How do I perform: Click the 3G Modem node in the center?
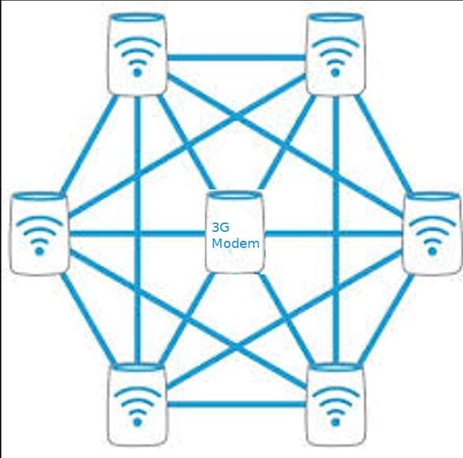click(x=234, y=232)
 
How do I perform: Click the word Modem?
click(x=236, y=243)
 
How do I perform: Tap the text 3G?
click(x=220, y=228)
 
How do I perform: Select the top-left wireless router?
click(x=137, y=54)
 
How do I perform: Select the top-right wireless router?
click(x=335, y=54)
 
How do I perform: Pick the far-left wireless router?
click(x=40, y=234)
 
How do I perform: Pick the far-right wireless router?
click(x=432, y=234)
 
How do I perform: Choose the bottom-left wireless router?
click(x=137, y=404)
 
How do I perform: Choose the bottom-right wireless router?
click(x=335, y=404)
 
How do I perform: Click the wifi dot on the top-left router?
click(x=137, y=73)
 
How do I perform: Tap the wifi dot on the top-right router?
click(x=335, y=73)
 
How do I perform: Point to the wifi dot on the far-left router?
click(x=40, y=252)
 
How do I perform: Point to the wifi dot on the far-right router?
click(x=432, y=252)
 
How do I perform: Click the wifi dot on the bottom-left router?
click(x=137, y=423)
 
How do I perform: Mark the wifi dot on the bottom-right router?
click(x=335, y=423)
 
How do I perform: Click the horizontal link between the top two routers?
click(x=236, y=57)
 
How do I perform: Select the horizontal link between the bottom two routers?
click(x=236, y=404)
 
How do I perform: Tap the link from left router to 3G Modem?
click(x=137, y=234)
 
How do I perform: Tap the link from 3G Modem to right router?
click(x=333, y=234)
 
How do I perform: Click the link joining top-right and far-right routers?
click(x=383, y=144)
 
